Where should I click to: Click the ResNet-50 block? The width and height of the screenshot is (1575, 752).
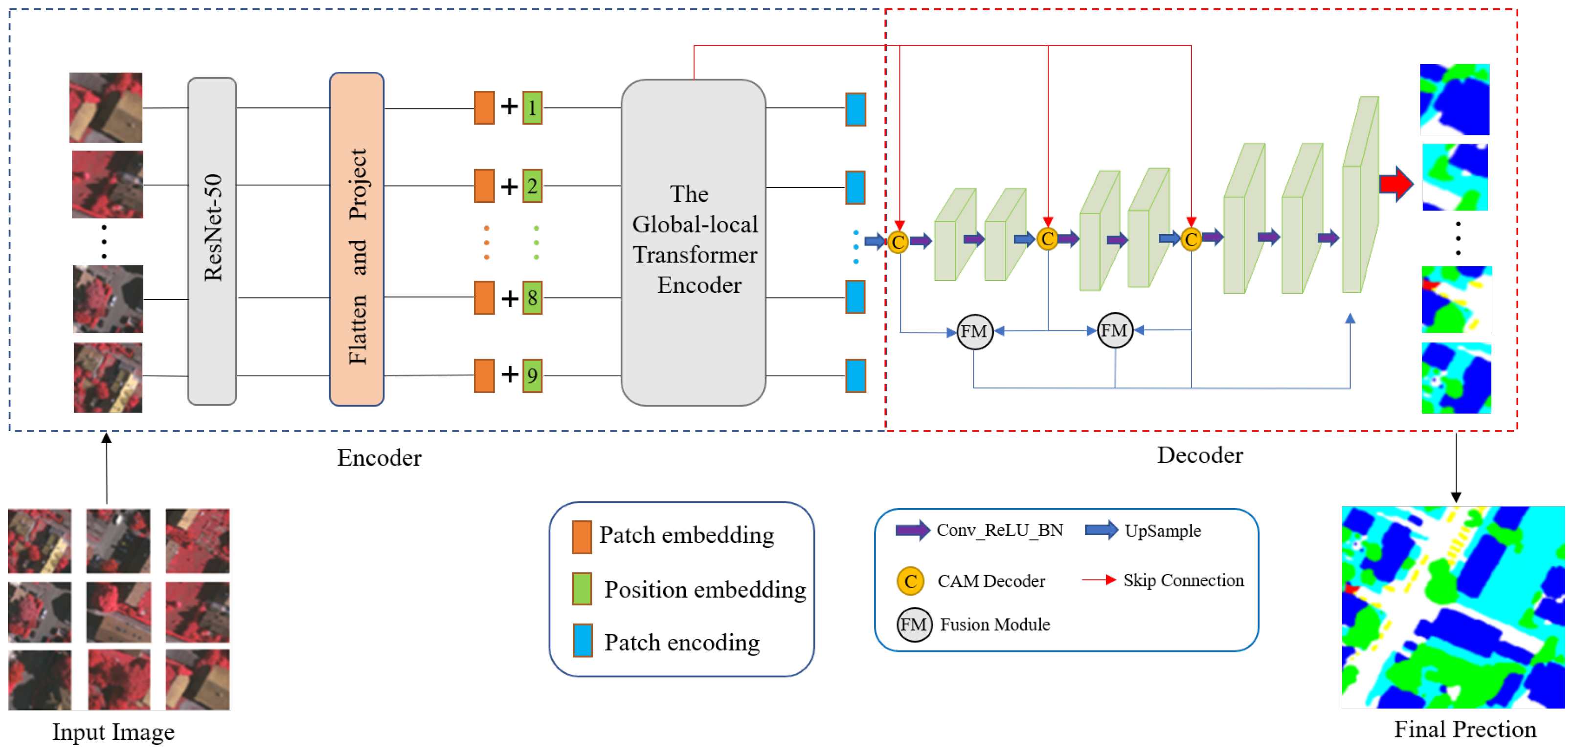click(x=213, y=242)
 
